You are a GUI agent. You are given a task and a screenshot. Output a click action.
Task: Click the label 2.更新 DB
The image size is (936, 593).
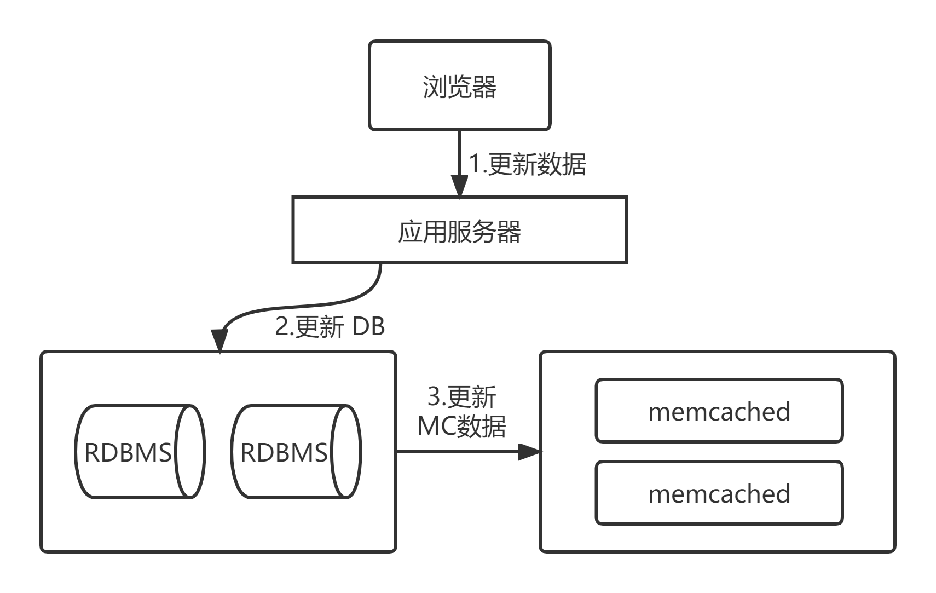point(330,327)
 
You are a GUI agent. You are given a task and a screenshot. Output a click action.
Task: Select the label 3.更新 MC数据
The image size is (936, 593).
point(461,412)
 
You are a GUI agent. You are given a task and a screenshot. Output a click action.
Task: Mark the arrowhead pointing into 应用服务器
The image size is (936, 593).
point(459,186)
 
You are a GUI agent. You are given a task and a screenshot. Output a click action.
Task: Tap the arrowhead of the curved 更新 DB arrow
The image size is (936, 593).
point(219,342)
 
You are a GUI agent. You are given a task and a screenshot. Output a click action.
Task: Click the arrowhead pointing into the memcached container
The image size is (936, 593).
point(529,452)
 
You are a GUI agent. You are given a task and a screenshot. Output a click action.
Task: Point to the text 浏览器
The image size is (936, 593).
point(459,87)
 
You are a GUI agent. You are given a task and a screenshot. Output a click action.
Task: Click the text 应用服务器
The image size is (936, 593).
point(459,232)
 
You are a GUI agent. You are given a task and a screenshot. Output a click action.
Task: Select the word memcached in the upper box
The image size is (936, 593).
point(719,412)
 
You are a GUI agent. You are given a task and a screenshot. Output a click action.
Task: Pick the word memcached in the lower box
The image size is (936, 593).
point(719,494)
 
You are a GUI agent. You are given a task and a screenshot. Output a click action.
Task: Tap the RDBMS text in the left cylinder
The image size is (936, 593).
point(128,453)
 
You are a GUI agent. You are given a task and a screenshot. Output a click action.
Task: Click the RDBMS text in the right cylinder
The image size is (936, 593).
point(284,453)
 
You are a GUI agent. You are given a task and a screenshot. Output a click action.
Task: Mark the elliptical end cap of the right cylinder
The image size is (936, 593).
point(346,452)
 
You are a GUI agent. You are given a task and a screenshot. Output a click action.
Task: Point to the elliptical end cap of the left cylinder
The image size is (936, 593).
point(190,452)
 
